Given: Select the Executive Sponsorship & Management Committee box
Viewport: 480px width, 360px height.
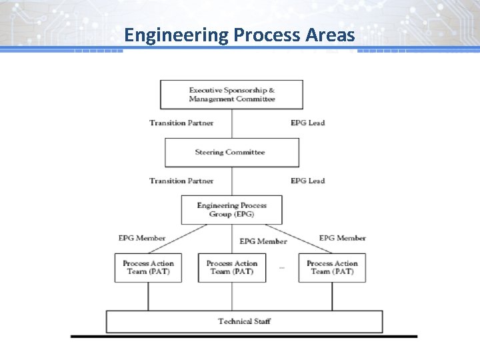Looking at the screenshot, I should pos(231,95).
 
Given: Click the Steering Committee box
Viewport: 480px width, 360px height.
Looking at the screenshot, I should pos(231,153).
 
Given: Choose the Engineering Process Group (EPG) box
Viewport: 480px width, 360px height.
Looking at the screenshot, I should pos(231,210).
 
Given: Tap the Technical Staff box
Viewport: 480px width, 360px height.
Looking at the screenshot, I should pos(244,321).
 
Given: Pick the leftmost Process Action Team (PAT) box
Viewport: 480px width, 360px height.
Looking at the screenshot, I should pos(148,268).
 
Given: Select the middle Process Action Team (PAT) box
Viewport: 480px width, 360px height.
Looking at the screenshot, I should pos(231,268).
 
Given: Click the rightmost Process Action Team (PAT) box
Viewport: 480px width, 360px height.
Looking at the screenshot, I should pos(332,268).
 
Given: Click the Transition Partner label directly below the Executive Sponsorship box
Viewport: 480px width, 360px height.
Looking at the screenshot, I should pos(181,123).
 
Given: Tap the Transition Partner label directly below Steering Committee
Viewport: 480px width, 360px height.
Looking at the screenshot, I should pos(181,181).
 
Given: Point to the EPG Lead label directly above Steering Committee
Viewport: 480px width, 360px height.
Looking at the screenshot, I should pos(307,123).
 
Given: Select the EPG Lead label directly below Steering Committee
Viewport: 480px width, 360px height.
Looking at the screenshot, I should pos(307,181).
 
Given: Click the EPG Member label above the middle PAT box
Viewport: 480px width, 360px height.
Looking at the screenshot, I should pos(263,241).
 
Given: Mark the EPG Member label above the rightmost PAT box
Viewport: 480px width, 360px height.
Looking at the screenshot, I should pos(342,238).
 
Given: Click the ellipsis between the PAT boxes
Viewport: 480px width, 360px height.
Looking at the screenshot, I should pos(282,268).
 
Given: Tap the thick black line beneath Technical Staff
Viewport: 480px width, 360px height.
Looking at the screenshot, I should pos(244,337).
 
